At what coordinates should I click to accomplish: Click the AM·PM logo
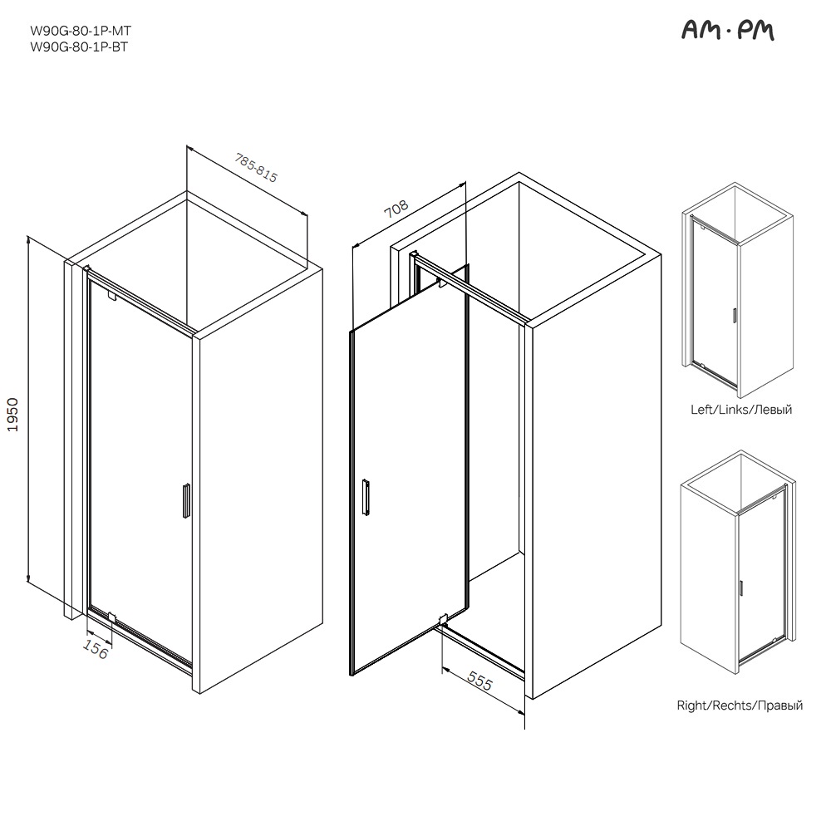[727, 32]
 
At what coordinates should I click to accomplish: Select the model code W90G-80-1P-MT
[81, 31]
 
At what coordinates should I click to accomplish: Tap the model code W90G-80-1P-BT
[79, 47]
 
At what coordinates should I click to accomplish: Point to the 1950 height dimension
[12, 415]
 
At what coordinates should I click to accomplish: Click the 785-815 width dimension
[257, 168]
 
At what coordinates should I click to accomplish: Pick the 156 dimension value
[96, 649]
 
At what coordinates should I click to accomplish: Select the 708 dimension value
[396, 209]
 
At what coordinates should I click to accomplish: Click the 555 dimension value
[480, 681]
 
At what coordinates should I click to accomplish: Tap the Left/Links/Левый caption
[741, 410]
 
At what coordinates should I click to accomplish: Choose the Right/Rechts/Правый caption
[740, 706]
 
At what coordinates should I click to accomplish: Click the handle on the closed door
[186, 500]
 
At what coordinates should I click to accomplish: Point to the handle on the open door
[366, 497]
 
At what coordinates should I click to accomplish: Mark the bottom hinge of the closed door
[111, 617]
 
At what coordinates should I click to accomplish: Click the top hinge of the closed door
[111, 296]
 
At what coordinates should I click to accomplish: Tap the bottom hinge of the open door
[444, 619]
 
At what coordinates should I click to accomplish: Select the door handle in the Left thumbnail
[734, 315]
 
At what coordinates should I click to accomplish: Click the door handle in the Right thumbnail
[740, 588]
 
